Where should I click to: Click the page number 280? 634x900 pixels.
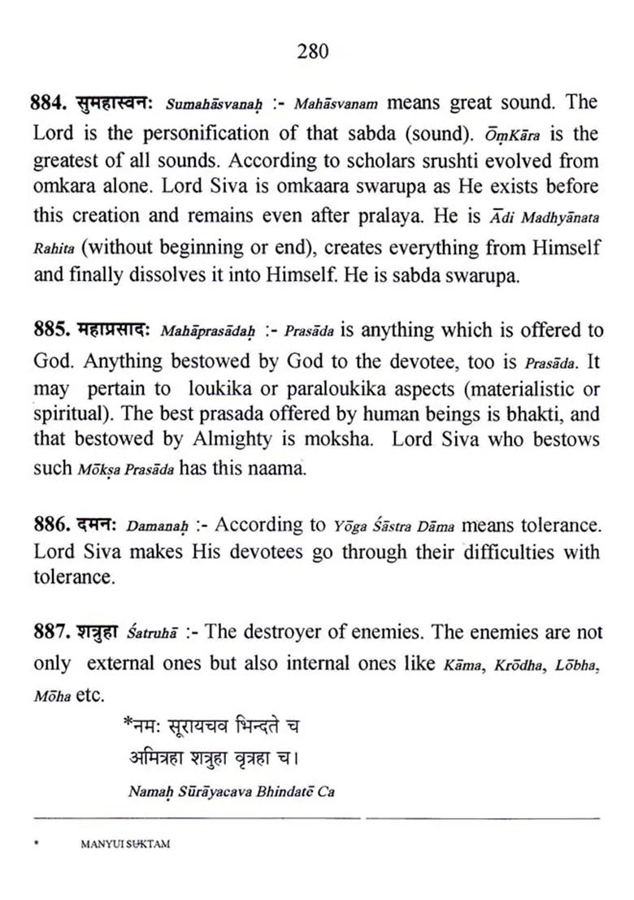point(313,52)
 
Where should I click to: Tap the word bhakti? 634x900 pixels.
point(534,413)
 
